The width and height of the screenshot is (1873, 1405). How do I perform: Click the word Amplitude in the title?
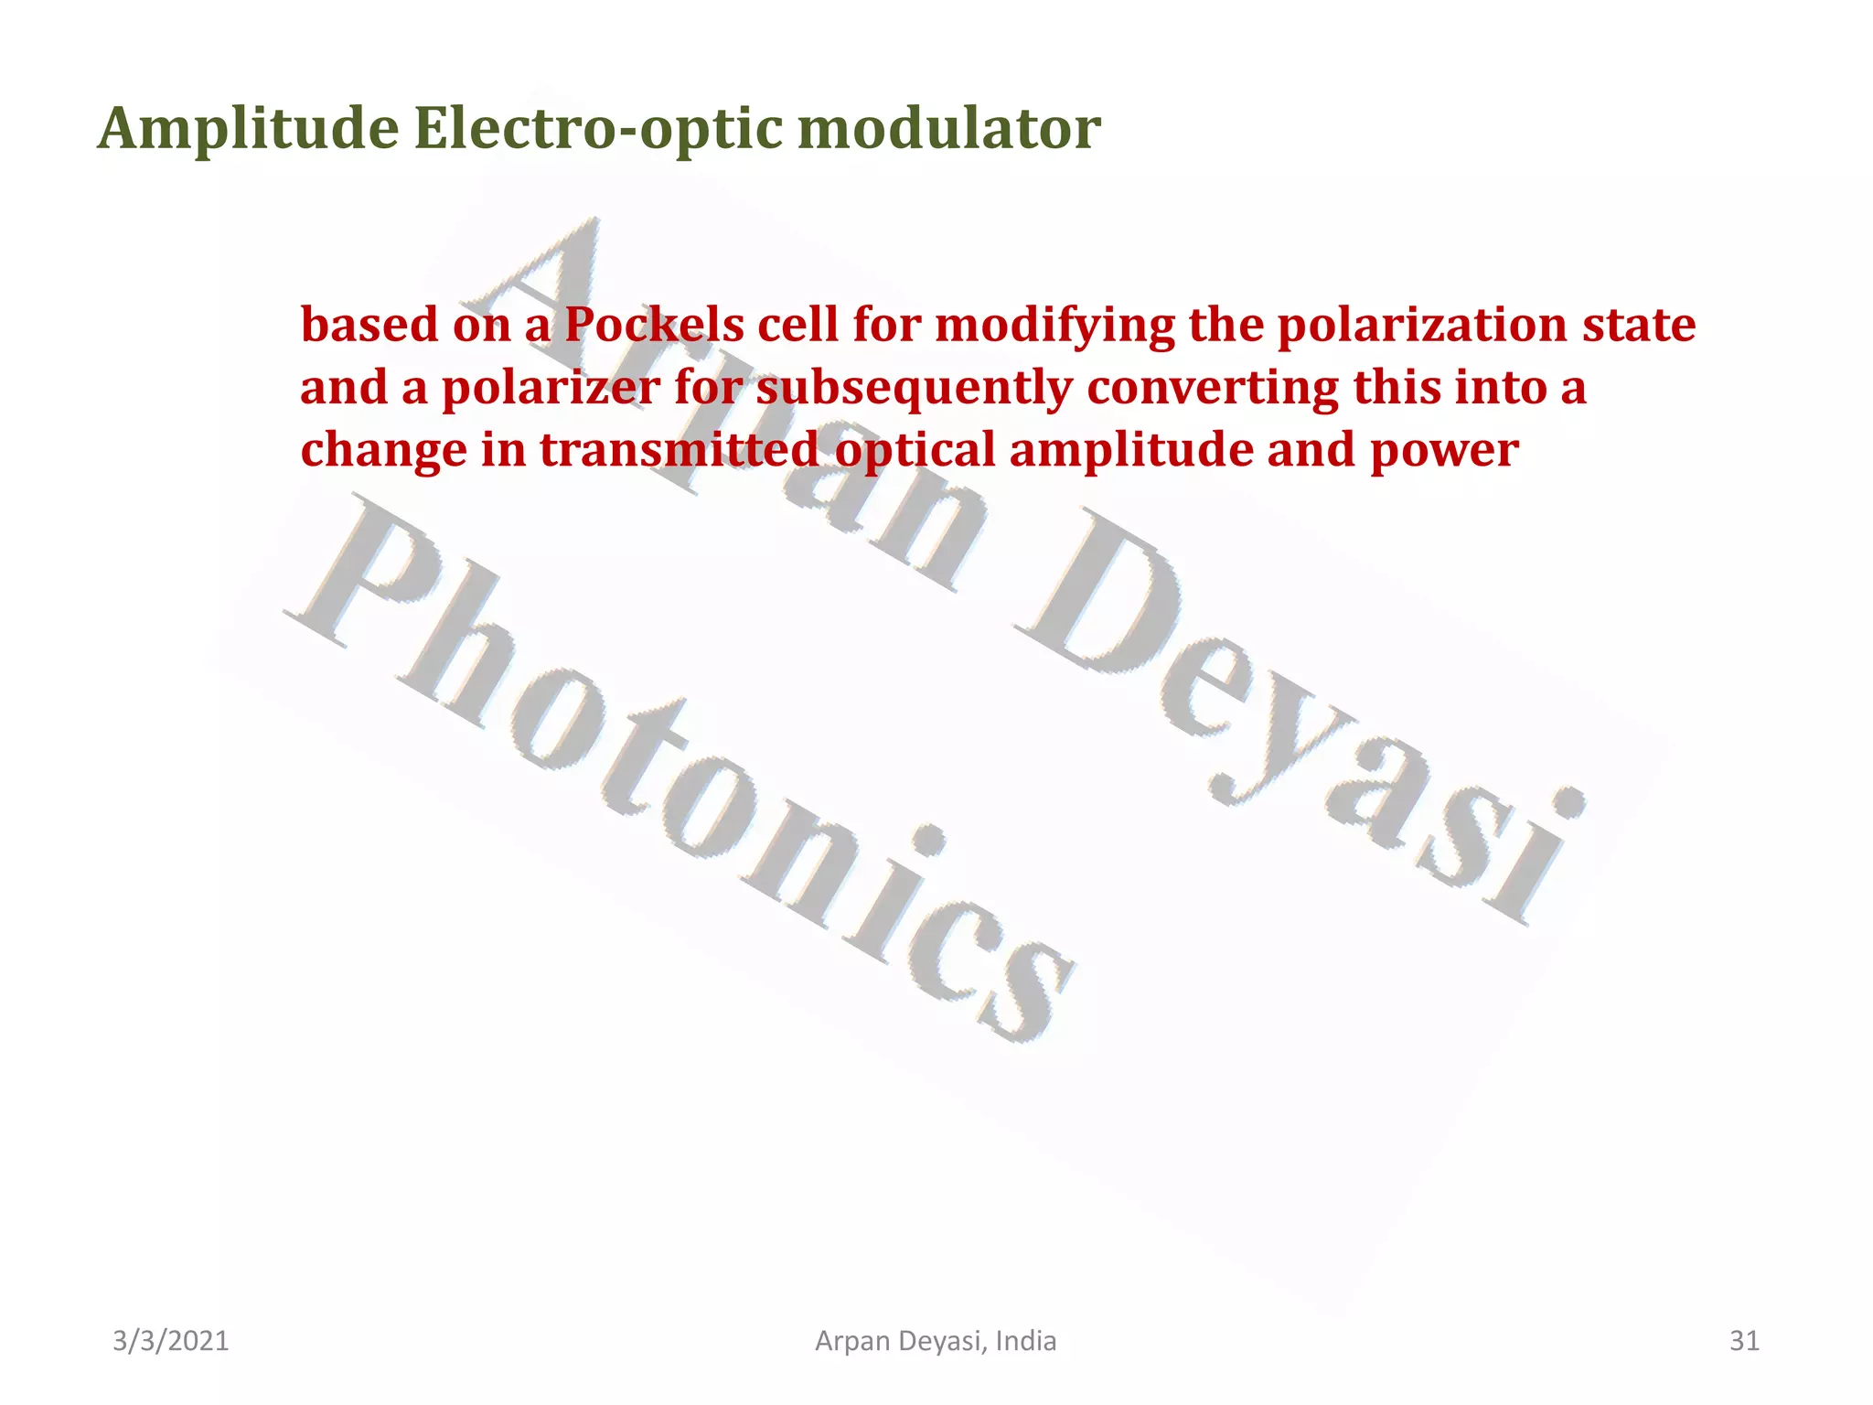coord(248,130)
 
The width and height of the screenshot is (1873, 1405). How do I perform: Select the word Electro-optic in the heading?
coord(598,130)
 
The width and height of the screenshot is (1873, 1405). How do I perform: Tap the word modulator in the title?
coord(948,130)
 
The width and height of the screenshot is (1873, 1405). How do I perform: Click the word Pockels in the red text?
coord(654,326)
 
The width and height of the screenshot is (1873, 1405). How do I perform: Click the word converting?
coord(1213,389)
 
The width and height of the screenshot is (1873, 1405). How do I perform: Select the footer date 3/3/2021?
coord(170,1341)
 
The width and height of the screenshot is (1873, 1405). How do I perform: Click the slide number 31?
coord(1744,1341)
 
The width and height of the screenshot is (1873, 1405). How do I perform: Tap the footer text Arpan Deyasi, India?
coord(936,1341)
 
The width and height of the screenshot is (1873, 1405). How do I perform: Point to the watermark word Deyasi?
coord(1299,713)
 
